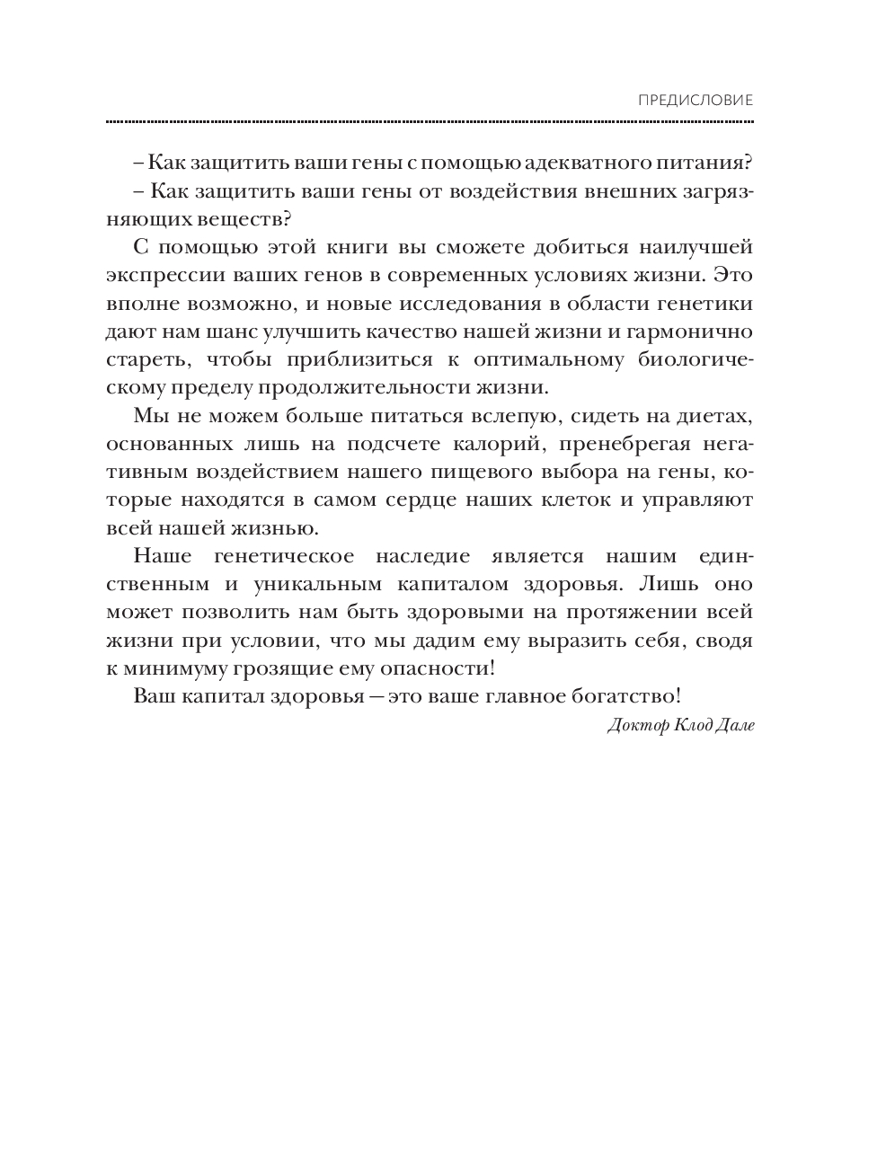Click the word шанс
coord(228,332)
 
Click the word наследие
coord(449,556)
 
